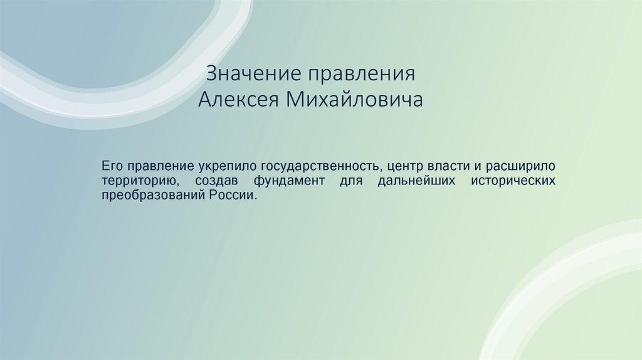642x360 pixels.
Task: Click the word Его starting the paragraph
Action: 112,167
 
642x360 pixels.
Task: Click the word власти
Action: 447,167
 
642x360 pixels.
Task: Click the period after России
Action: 256,198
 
